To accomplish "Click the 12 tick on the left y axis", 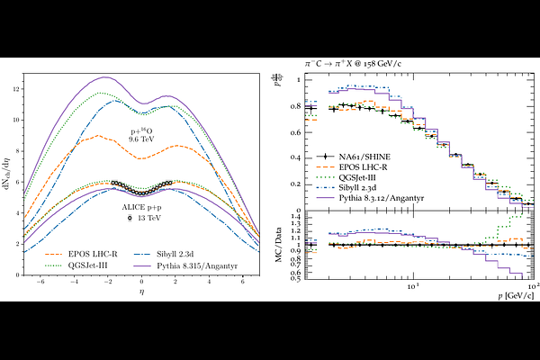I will pos(15,90).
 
